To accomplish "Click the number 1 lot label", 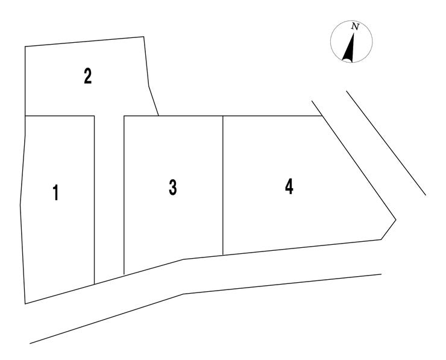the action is tap(56, 192).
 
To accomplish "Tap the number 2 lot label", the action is tap(88, 76).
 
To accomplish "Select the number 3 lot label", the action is tap(172, 188).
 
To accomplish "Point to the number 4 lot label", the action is tap(289, 187).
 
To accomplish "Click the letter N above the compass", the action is tap(355, 27).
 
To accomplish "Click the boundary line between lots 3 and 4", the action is tap(223, 185).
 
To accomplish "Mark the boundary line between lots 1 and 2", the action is tap(60, 116).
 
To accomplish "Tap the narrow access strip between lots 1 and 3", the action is tap(109, 197).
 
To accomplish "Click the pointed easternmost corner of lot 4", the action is tap(395, 219).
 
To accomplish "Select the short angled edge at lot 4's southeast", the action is tap(388, 230).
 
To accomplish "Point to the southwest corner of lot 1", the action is tap(25, 304).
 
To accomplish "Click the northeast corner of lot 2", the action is tap(143, 37).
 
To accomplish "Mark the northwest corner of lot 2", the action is tap(25, 46).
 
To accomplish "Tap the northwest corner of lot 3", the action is tap(124, 116).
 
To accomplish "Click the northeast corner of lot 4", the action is tap(322, 116).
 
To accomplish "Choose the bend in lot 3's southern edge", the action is tap(183, 259).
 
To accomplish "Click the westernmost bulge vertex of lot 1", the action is tap(20, 205).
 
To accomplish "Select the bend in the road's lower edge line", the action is tap(183, 294).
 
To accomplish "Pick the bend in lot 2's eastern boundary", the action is tap(149, 86).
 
